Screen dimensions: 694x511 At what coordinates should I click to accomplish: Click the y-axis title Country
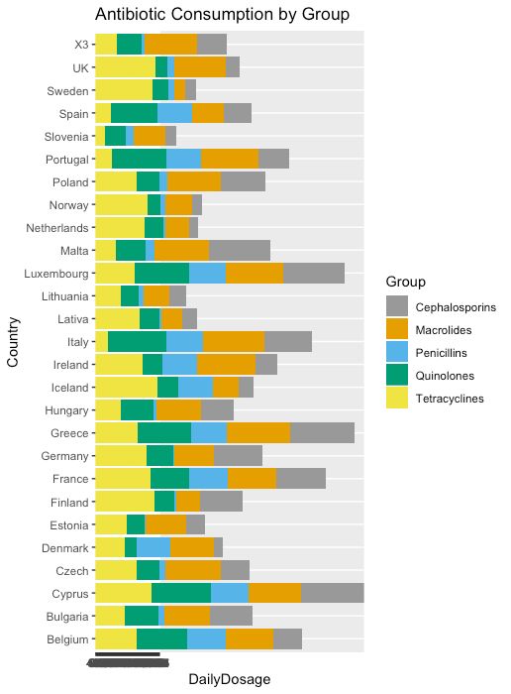[x=14, y=342]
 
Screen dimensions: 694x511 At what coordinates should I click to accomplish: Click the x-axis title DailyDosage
[x=229, y=678]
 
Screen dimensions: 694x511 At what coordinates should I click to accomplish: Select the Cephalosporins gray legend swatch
[x=397, y=307]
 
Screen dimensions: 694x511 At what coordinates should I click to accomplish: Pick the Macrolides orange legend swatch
[x=397, y=330]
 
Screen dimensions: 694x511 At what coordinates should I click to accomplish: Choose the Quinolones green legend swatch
[x=397, y=376]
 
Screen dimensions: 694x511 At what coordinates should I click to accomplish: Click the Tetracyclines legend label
[x=450, y=399]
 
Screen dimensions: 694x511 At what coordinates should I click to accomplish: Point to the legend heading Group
[x=406, y=283]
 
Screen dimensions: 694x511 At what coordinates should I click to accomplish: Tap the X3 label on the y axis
[x=80, y=45]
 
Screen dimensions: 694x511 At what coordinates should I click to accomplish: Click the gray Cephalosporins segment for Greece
[x=322, y=432]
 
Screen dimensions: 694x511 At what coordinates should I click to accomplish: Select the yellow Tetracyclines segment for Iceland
[x=126, y=387]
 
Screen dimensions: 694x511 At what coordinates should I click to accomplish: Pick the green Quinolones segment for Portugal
[x=139, y=159]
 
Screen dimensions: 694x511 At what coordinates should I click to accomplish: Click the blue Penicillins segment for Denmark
[x=153, y=547]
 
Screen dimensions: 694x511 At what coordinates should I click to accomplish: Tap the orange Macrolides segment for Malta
[x=181, y=250]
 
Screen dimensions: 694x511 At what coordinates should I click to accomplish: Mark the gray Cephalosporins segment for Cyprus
[x=333, y=593]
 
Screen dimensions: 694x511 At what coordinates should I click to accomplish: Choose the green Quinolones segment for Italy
[x=137, y=341]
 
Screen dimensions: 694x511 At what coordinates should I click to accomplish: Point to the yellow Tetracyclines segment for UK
[x=125, y=67]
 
